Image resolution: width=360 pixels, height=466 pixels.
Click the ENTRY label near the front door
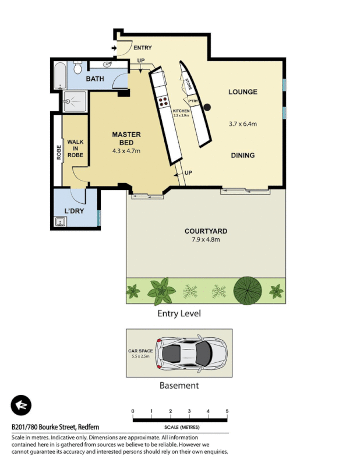pos(143,47)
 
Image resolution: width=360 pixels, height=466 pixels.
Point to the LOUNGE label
pos(242,92)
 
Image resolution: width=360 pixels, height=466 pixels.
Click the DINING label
pos(242,156)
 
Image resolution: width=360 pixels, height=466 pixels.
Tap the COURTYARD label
pos(206,231)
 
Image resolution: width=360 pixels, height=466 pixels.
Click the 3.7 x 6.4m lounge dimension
pos(243,123)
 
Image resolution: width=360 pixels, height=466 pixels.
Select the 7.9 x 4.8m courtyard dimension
pos(206,239)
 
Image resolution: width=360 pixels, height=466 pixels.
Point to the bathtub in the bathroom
pos(59,76)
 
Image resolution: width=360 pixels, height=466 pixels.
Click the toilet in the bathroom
pos(78,69)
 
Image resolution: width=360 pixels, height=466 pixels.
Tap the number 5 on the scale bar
pos(227,411)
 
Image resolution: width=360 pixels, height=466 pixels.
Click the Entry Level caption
pos(179,313)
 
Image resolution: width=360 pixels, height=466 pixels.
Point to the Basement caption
pos(179,385)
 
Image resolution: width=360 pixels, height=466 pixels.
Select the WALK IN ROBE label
pos(75,149)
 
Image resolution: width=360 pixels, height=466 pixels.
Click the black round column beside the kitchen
pos(206,107)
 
